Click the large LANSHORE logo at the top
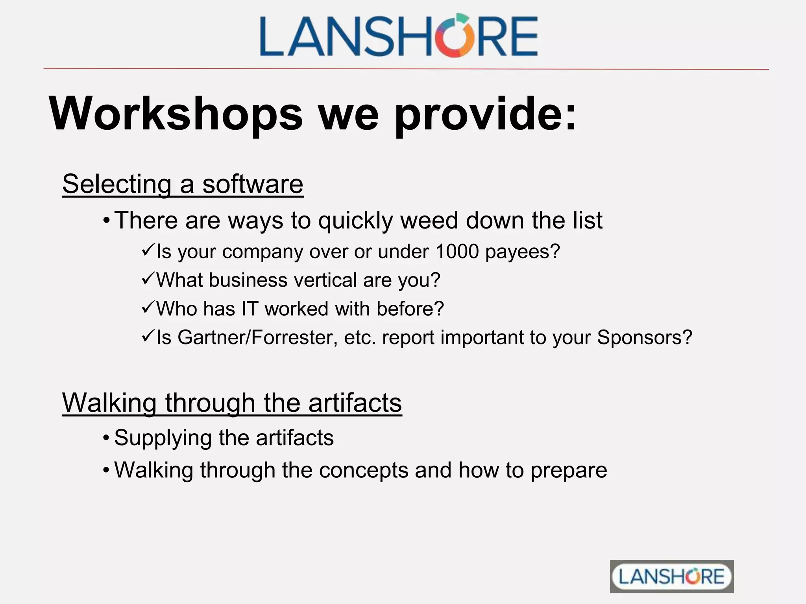pyautogui.click(x=398, y=36)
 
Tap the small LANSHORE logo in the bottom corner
pyautogui.click(x=671, y=576)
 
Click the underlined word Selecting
pyautogui.click(x=117, y=184)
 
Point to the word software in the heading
pyautogui.click(x=253, y=184)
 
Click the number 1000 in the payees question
pyautogui.click(x=457, y=251)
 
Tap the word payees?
pyautogui.click(x=522, y=252)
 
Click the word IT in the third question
pyautogui.click(x=250, y=309)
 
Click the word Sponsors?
pyautogui.click(x=645, y=337)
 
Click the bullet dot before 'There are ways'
pyautogui.click(x=106, y=221)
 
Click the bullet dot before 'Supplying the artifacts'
pyautogui.click(x=106, y=438)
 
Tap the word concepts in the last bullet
pyautogui.click(x=364, y=470)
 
